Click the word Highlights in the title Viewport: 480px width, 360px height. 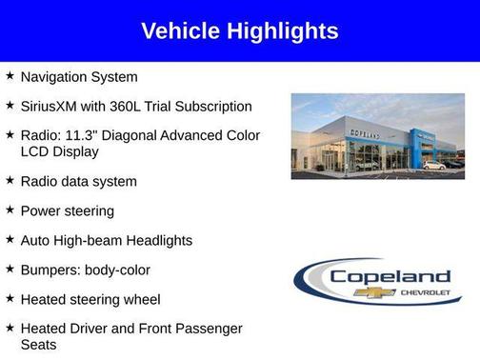(284, 30)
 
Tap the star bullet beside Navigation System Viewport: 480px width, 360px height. (10, 75)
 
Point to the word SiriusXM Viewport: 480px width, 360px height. (53, 106)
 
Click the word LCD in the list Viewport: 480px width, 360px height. (34, 151)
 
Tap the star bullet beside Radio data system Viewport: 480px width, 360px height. (10, 180)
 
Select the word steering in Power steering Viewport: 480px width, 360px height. (90, 210)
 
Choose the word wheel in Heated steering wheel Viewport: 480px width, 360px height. (141, 299)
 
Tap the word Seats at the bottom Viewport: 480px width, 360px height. (38, 344)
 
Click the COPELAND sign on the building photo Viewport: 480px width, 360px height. (364, 134)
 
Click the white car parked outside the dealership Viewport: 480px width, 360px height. (434, 165)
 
